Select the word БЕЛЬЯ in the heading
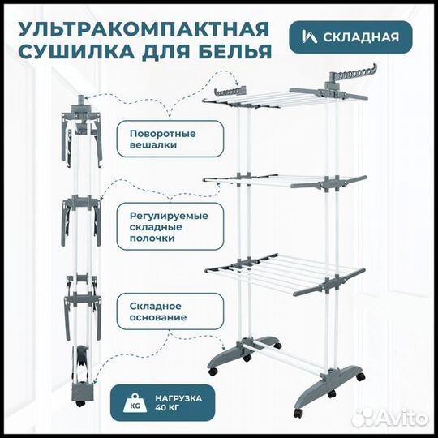click(x=235, y=54)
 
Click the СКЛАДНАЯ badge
click(x=350, y=37)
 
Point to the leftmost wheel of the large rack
click(x=213, y=371)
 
